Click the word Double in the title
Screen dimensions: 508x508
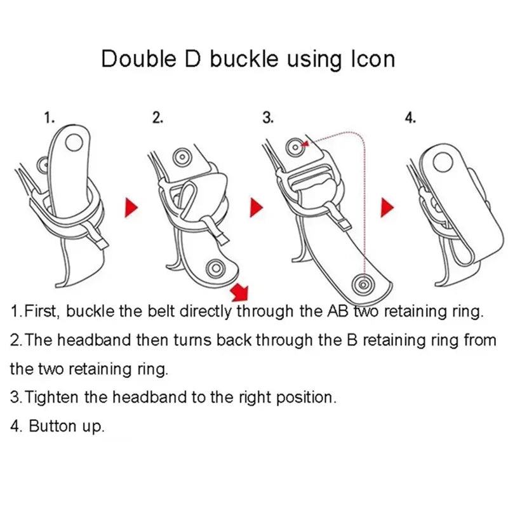[139, 59]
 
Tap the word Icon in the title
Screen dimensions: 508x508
[373, 59]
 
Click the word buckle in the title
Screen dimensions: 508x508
[244, 58]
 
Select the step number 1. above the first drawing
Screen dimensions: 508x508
[50, 118]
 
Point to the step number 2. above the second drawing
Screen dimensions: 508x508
[157, 118]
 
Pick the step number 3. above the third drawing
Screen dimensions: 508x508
[268, 118]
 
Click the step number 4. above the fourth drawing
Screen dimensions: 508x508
[410, 118]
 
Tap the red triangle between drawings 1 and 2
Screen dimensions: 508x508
[131, 208]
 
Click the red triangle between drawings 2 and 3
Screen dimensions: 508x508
[257, 208]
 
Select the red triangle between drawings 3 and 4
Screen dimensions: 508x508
[387, 208]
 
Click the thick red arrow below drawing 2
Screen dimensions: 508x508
[240, 291]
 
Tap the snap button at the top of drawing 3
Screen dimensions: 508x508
[295, 147]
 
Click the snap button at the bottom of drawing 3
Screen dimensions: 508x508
[364, 284]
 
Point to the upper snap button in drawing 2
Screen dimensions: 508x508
[182, 157]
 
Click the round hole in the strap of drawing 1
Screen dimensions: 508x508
[74, 142]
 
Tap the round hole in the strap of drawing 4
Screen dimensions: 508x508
[443, 163]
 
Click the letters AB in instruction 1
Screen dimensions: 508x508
[338, 311]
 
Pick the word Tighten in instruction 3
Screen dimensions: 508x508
[52, 398]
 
